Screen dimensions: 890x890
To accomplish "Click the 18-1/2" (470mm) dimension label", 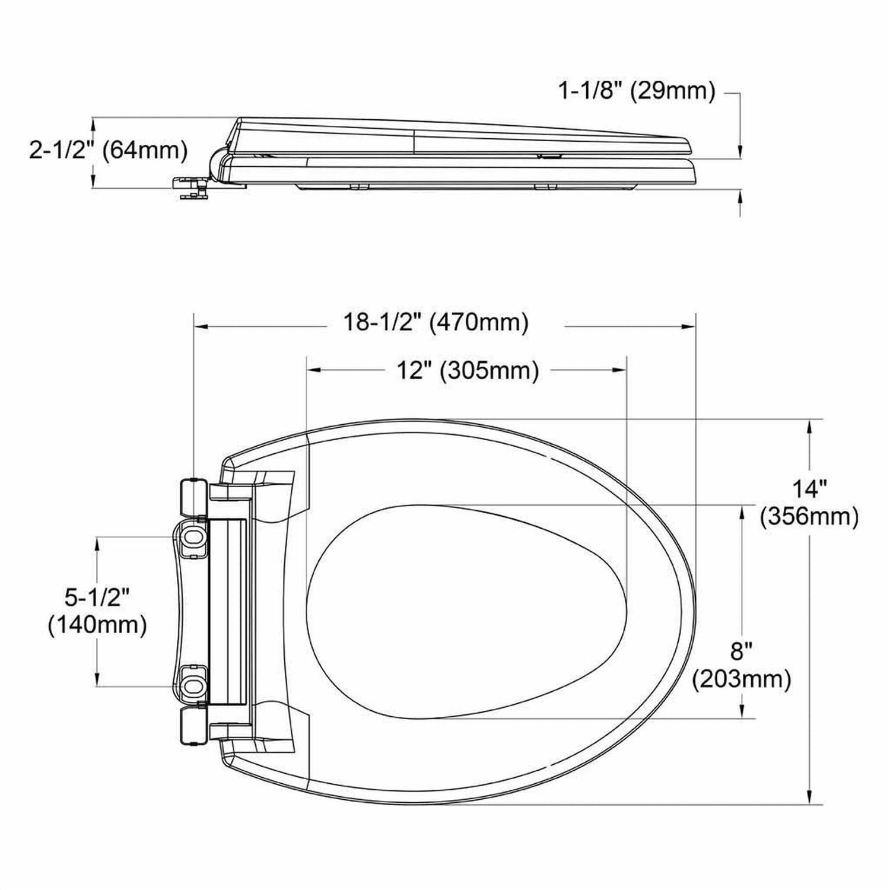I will click(x=436, y=323).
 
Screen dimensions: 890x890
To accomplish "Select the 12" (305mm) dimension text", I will click(x=468, y=371).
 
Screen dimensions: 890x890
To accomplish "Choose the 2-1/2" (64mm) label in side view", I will click(x=109, y=151).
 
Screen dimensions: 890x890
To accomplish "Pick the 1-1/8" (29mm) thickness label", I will click(x=637, y=91).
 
